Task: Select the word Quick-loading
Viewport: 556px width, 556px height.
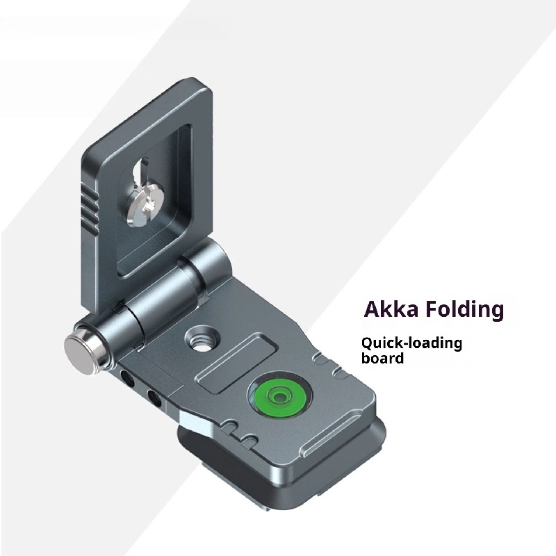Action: coord(410,343)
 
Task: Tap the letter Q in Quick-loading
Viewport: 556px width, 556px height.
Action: coord(367,343)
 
